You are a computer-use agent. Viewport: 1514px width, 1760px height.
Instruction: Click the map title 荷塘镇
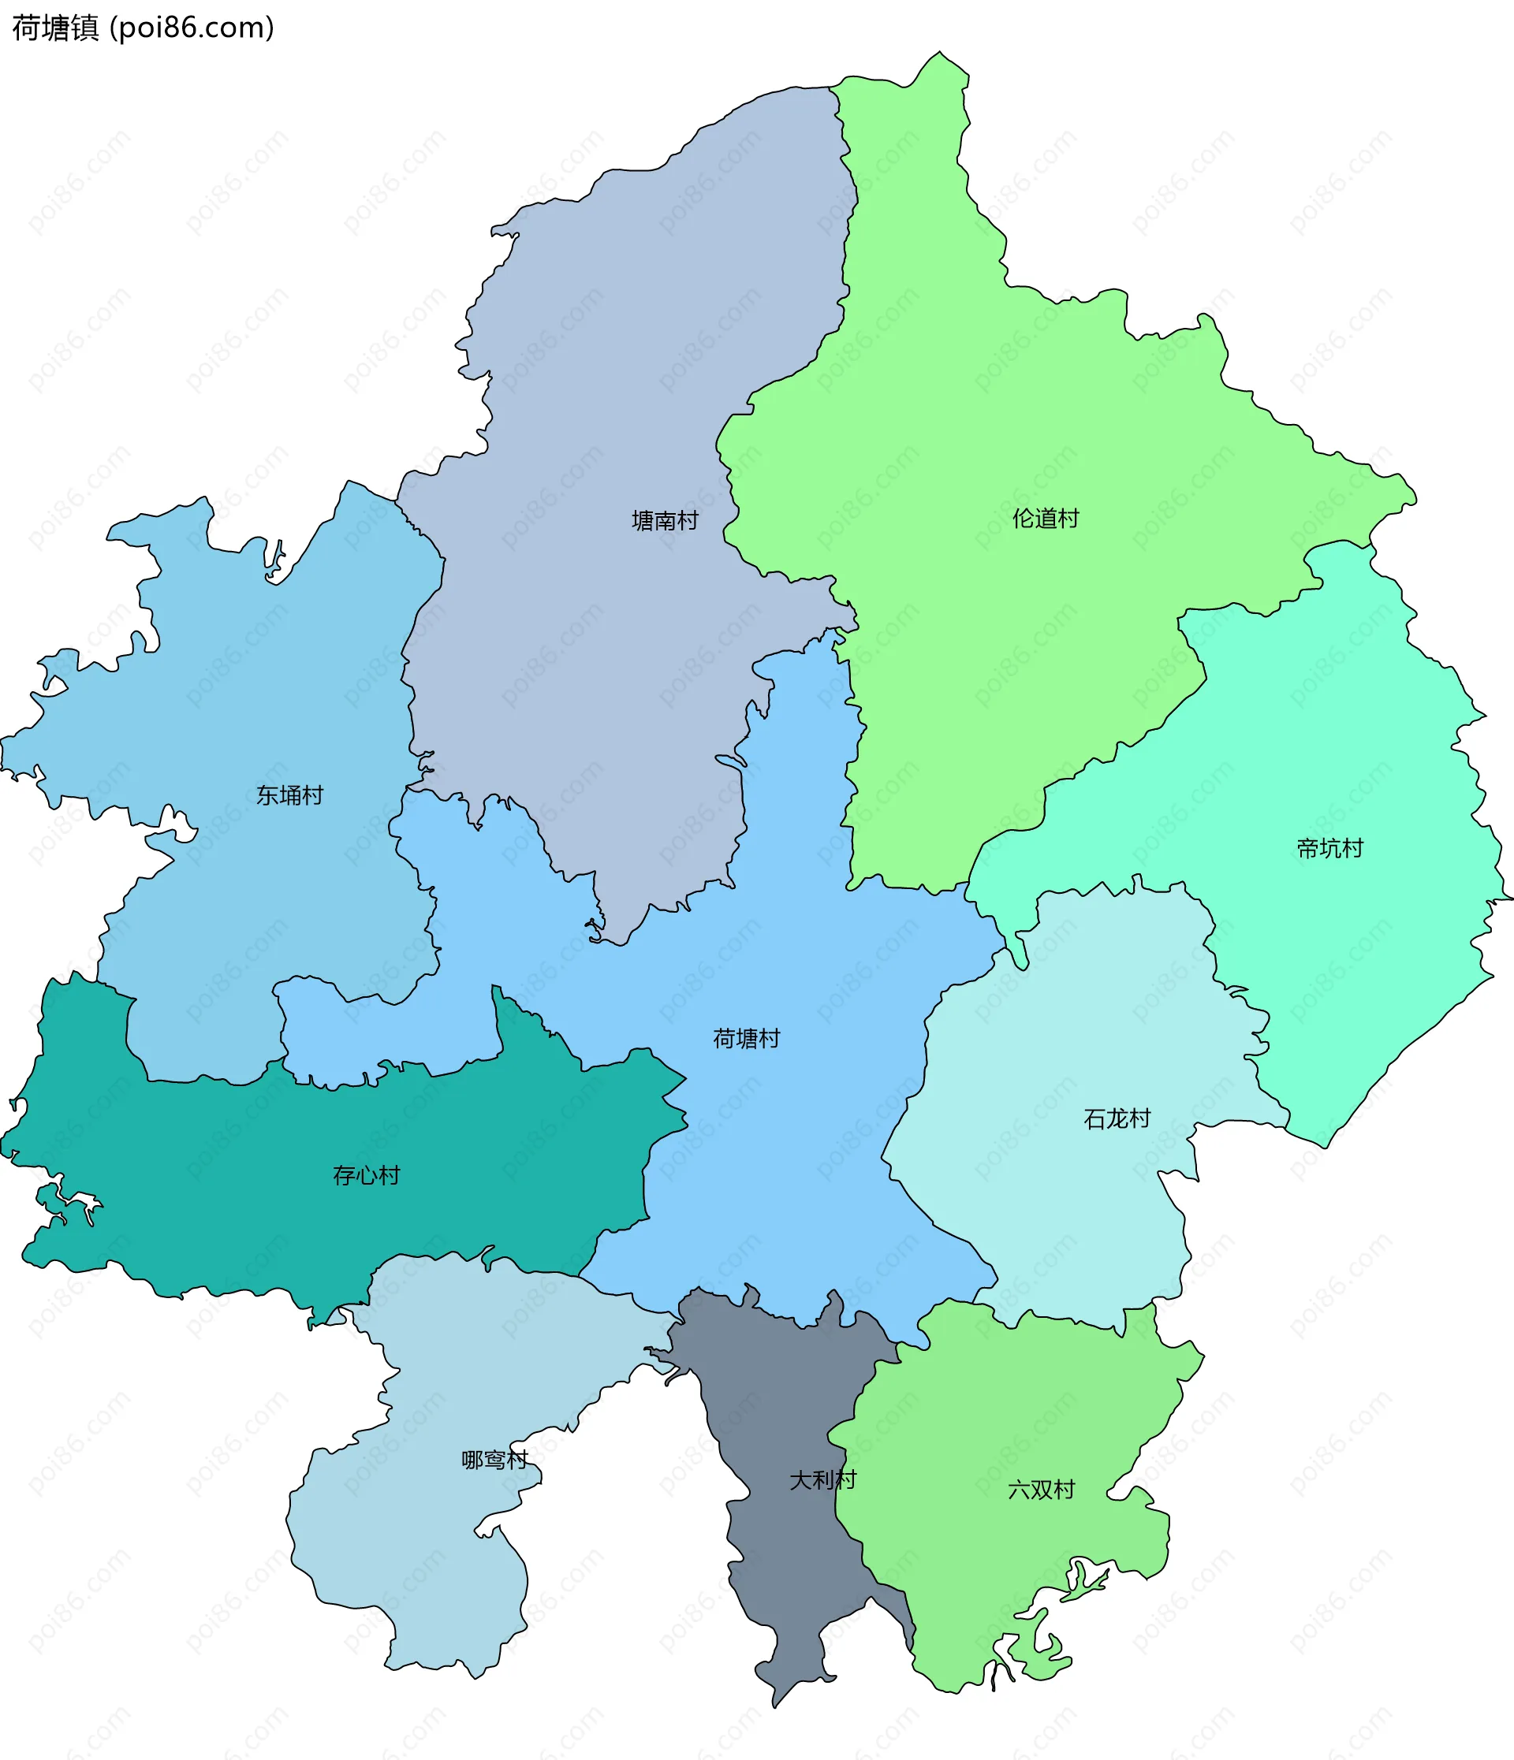(55, 28)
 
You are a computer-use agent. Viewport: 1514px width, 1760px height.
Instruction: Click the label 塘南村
(665, 521)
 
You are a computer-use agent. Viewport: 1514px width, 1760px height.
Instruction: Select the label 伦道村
(1045, 518)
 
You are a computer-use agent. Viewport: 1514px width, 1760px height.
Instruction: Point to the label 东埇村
(289, 795)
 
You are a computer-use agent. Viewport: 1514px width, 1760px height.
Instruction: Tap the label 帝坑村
(1329, 848)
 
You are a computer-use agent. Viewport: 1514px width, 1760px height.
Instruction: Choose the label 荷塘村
(746, 1038)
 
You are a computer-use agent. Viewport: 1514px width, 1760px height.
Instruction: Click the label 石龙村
(1117, 1118)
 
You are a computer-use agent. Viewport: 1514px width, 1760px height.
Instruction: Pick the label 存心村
(366, 1176)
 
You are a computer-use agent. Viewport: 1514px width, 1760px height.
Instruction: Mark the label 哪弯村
(494, 1459)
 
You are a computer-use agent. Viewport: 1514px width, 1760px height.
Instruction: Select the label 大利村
(822, 1479)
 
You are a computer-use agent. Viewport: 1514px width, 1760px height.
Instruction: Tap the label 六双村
(1041, 1490)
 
